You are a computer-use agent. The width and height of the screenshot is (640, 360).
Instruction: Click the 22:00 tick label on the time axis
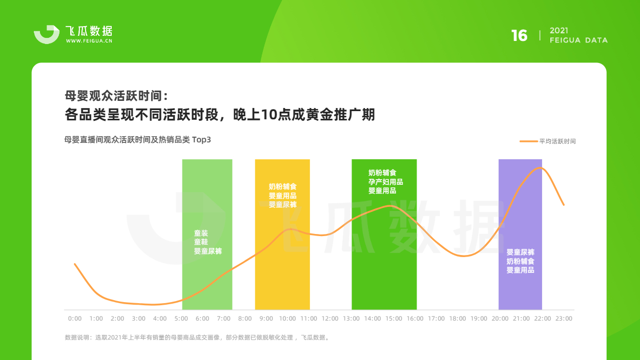tap(542, 319)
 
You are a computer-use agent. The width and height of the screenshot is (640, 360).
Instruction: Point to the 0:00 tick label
tap(75, 319)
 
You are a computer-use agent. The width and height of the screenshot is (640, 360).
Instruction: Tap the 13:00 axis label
tap(351, 319)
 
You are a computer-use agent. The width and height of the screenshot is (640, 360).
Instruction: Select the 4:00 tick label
tap(160, 319)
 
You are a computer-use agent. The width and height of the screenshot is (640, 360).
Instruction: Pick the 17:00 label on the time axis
tap(436, 319)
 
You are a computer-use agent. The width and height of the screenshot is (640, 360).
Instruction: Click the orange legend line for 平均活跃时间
tap(529, 141)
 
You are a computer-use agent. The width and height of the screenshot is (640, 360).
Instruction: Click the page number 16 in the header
tap(519, 36)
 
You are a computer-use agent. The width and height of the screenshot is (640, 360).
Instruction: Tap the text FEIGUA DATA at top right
tap(579, 40)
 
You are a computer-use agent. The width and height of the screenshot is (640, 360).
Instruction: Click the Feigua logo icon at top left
tap(47, 34)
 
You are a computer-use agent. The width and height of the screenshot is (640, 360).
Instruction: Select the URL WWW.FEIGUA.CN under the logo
tap(89, 41)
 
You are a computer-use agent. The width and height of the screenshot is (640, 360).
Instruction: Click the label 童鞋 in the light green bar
tap(201, 242)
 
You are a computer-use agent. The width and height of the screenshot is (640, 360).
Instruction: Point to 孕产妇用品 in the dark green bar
tap(385, 182)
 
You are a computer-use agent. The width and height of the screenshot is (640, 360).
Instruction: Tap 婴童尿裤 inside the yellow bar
tap(282, 204)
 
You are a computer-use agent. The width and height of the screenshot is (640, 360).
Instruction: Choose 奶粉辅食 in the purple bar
tap(520, 261)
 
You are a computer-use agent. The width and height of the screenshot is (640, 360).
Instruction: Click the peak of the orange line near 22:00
tap(540, 168)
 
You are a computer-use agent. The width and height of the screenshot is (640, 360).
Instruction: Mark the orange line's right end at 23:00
tap(564, 205)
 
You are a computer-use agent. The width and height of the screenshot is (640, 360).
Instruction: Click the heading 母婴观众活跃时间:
tap(116, 96)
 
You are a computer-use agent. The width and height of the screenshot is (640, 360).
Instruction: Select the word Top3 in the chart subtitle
tap(201, 140)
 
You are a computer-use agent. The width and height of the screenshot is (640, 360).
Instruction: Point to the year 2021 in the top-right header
tap(559, 31)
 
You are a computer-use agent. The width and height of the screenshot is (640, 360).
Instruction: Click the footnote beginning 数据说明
tap(197, 337)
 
